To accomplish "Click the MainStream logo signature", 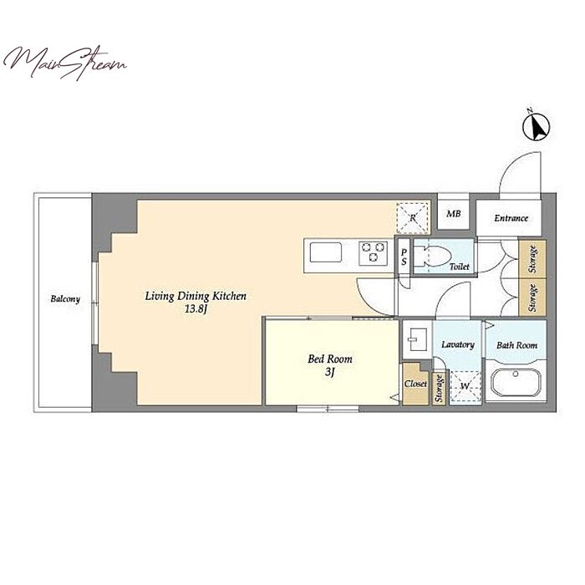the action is click(x=64, y=64).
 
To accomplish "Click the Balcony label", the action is click(x=65, y=299).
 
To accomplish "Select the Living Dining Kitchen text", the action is click(x=196, y=296).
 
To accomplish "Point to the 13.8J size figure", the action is click(x=196, y=309).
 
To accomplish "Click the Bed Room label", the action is click(x=330, y=359).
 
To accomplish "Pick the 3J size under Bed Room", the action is click(x=329, y=372).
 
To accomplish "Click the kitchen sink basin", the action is click(x=326, y=252).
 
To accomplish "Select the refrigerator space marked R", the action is click(x=413, y=218).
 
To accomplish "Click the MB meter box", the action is click(x=453, y=214).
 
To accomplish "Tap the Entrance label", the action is click(x=511, y=218).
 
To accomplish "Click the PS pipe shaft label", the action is click(x=404, y=257).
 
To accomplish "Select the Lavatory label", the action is click(x=458, y=344).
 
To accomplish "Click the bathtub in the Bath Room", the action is click(x=516, y=384).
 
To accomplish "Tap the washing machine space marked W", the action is click(x=465, y=386).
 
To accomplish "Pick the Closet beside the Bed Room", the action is click(x=415, y=384).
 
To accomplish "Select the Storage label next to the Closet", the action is click(x=439, y=388).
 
